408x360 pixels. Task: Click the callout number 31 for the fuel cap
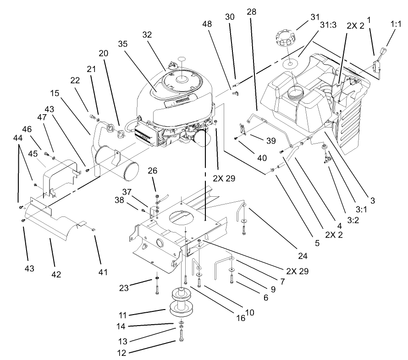click(314, 17)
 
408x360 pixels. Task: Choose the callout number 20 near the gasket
click(104, 53)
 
